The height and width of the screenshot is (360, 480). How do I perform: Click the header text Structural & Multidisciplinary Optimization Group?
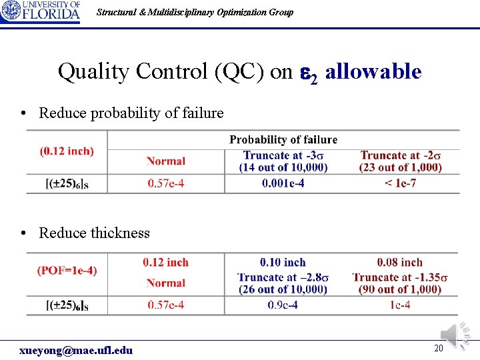(x=195, y=12)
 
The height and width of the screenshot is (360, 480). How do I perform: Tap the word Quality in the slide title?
(x=88, y=71)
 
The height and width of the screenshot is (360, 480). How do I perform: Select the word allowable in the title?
(x=373, y=71)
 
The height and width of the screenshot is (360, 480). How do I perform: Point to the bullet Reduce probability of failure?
(x=131, y=113)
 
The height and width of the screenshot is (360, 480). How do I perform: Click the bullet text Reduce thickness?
(x=94, y=233)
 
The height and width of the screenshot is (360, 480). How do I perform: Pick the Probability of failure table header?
(x=283, y=139)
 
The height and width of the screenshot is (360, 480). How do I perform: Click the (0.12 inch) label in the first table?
(x=67, y=151)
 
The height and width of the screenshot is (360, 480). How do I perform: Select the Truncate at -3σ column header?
(x=283, y=155)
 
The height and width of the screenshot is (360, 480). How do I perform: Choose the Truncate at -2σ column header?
(x=401, y=155)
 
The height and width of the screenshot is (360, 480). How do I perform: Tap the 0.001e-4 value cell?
(x=283, y=183)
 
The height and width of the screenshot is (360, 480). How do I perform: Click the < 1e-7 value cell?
(x=401, y=183)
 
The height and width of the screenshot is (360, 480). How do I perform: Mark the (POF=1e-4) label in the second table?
(x=67, y=270)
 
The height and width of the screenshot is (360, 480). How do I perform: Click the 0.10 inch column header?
(x=283, y=263)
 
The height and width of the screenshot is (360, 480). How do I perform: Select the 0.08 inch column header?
(x=400, y=263)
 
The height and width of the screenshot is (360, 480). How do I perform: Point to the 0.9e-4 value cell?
(x=283, y=305)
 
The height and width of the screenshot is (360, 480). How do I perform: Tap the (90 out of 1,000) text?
(x=400, y=289)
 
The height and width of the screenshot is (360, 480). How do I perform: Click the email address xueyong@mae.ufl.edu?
(x=76, y=350)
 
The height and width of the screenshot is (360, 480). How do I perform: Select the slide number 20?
(x=438, y=348)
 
